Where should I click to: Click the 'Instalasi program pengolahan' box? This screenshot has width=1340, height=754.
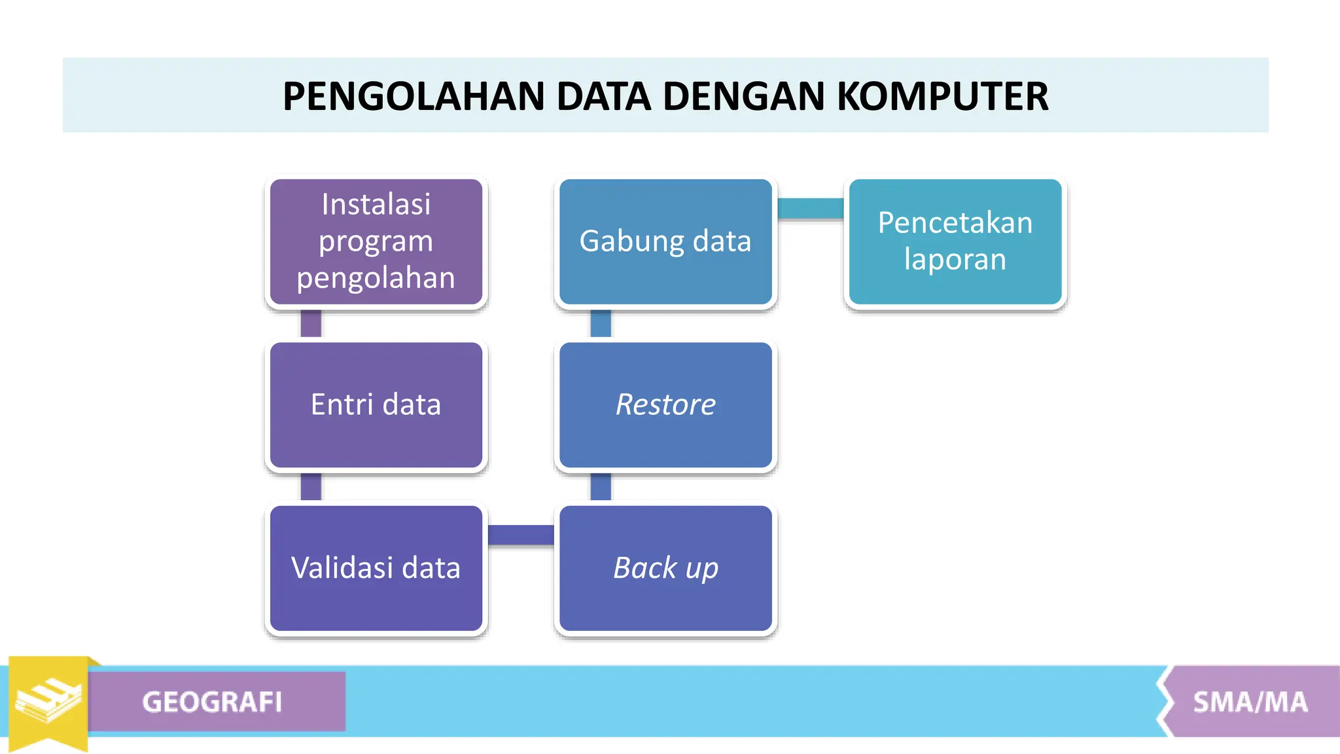click(x=376, y=242)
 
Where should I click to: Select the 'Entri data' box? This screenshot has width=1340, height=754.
click(x=376, y=405)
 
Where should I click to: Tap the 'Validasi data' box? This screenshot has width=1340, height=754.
click(x=376, y=568)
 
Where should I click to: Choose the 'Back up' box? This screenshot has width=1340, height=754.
click(x=665, y=568)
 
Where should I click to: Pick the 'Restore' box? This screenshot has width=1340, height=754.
click(x=665, y=405)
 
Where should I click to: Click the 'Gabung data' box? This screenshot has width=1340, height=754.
click(x=665, y=242)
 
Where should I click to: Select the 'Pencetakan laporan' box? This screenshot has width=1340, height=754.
click(x=955, y=242)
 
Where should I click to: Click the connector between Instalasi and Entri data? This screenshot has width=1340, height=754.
click(x=311, y=324)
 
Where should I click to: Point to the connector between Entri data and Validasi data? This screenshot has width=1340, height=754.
click(x=311, y=487)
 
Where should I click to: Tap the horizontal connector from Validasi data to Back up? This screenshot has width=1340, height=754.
click(x=521, y=535)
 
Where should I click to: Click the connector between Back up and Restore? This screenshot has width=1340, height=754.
click(x=601, y=487)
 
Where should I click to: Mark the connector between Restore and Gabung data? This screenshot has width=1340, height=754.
click(x=601, y=324)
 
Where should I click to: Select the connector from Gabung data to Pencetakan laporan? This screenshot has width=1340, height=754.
click(x=810, y=208)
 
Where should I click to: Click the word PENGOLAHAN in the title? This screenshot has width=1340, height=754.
click(x=414, y=97)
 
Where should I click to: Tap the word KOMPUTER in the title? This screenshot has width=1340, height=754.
click(x=943, y=97)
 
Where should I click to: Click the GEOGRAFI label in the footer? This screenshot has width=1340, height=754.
click(x=213, y=702)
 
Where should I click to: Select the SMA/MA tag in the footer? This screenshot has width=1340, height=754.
click(x=1250, y=702)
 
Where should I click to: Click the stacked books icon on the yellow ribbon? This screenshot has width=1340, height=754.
click(x=48, y=700)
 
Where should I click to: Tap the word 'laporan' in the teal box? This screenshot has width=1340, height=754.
click(x=955, y=260)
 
